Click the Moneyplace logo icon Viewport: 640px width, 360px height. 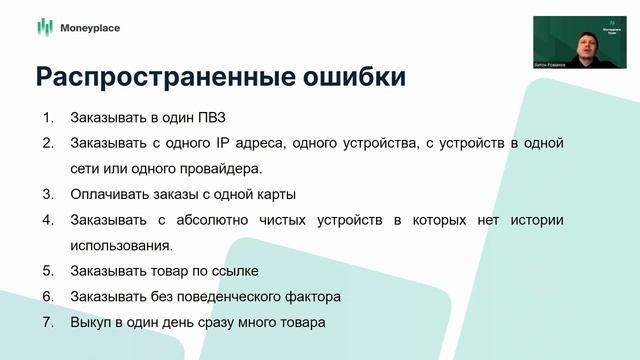tap(43, 27)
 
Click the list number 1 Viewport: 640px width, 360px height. tap(47, 117)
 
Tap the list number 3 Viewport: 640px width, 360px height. tap(47, 194)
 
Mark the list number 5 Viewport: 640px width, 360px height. tap(47, 271)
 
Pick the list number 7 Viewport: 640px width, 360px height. tap(47, 322)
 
